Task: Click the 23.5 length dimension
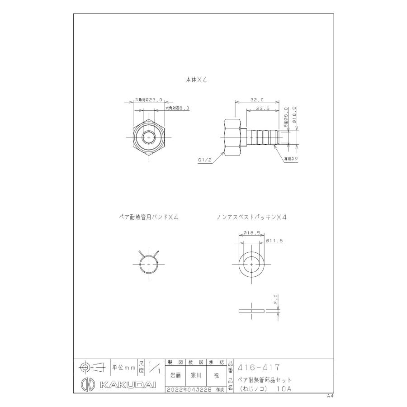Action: coord(262,109)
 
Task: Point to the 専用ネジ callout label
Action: coord(290,160)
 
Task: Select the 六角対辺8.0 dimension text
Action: coord(176,109)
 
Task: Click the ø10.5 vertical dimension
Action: coord(295,116)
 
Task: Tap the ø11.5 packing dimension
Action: coord(274,241)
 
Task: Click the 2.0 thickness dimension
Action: coord(276,299)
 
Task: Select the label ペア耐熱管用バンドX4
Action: coord(147,217)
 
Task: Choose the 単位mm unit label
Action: coord(123,368)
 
